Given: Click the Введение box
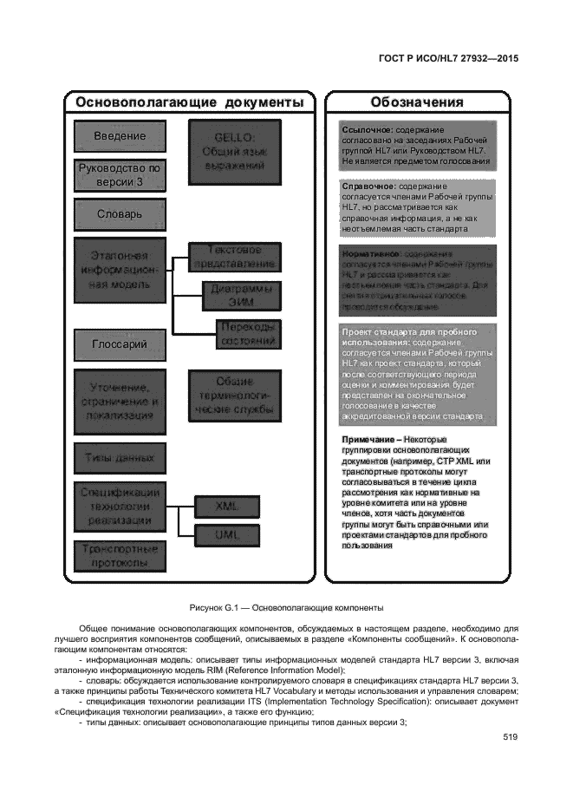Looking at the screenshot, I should pyautogui.click(x=119, y=136).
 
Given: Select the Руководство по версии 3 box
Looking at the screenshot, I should pyautogui.click(x=119, y=175).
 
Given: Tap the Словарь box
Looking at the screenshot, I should pyautogui.click(x=119, y=214).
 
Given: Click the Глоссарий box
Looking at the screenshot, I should pyautogui.click(x=119, y=345).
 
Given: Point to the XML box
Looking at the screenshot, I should pyautogui.click(x=227, y=505).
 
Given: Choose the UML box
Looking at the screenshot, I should pyautogui.click(x=227, y=535).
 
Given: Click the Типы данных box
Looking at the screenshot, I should pyautogui.click(x=119, y=455).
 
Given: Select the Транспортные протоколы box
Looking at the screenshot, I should pyautogui.click(x=119, y=556).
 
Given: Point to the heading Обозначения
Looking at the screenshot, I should pyautogui.click(x=416, y=102).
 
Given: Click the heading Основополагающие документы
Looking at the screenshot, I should pyautogui.click(x=189, y=102).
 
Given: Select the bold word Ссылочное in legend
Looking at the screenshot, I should pyautogui.click(x=368, y=129).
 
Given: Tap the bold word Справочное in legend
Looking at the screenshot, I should pyautogui.click(x=369, y=186).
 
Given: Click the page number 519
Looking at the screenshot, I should pyautogui.click(x=510, y=737).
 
